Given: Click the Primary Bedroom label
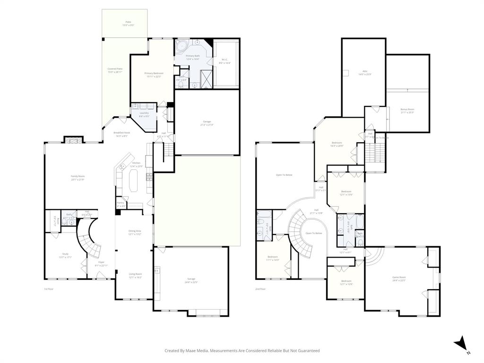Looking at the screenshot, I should click(154, 73).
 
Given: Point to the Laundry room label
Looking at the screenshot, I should click(144, 112).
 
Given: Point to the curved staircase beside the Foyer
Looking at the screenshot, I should click(90, 239).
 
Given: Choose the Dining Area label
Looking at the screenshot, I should click(135, 231).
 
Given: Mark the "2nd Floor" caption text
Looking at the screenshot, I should click(260, 289).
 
